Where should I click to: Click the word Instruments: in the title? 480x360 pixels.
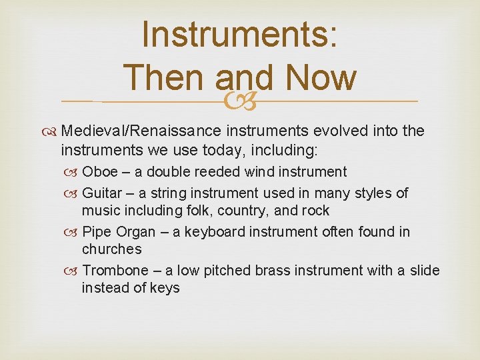coord(239,35)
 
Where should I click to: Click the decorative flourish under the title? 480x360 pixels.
coord(239,101)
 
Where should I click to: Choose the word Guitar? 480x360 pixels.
coord(101,193)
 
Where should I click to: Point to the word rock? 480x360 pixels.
coord(316,211)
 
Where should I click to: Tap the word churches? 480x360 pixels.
coord(111,249)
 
